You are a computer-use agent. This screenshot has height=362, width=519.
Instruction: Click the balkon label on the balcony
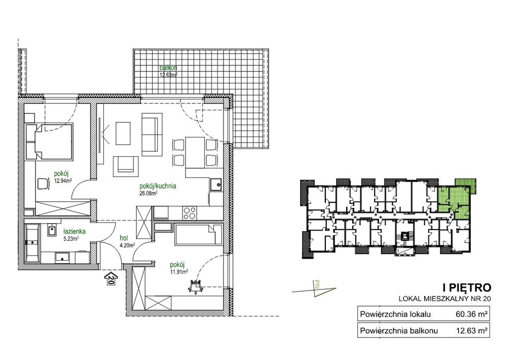point(168,68)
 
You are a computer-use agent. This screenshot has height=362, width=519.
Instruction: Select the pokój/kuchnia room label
point(158,186)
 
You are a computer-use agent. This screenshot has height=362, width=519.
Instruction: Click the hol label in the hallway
point(124,238)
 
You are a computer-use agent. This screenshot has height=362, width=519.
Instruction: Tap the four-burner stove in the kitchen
point(190,212)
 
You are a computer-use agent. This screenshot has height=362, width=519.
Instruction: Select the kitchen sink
point(216,185)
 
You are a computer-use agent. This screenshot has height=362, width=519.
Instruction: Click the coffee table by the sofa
point(123,133)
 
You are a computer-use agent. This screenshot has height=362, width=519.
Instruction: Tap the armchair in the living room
point(126,166)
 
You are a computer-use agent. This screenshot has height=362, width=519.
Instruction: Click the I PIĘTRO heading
point(467,287)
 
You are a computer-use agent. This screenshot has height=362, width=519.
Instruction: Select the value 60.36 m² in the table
point(471,314)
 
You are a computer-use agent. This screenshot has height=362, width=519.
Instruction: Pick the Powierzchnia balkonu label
point(399,331)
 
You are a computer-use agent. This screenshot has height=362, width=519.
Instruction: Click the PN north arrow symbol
point(315,288)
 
